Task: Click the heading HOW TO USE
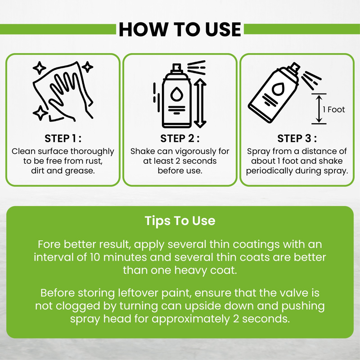click(180, 29)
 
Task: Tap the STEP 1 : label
click(63, 139)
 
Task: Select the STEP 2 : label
click(180, 139)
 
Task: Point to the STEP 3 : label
click(297, 139)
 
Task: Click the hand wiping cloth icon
click(63, 91)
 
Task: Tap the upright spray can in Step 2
click(176, 96)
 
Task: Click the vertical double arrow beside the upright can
click(200, 103)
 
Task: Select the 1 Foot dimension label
click(334, 109)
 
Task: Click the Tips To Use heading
click(180, 221)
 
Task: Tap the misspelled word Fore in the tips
click(49, 244)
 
